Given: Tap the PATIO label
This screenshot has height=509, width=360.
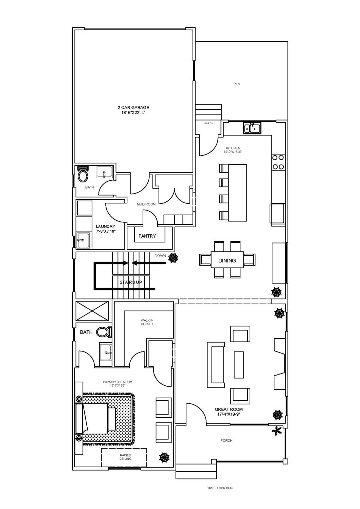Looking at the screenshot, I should click(x=236, y=84).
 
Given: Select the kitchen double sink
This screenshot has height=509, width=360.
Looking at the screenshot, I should click(x=252, y=128).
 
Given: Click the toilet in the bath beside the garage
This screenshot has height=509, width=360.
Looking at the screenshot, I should click(x=83, y=174).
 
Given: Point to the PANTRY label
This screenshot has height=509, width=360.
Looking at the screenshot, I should click(x=147, y=236).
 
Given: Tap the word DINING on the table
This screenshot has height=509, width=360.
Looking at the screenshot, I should click(x=227, y=261).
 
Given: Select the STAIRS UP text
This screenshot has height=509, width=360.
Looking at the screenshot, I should click(x=131, y=282).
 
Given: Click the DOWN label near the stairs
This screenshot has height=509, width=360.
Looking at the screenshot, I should click(x=160, y=256).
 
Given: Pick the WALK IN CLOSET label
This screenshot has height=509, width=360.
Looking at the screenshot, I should click(x=147, y=322).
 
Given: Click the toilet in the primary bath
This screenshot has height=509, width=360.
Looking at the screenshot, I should click(x=104, y=332).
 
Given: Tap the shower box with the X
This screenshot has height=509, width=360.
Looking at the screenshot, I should click(x=92, y=310).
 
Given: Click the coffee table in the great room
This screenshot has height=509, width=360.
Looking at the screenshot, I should click(x=239, y=365).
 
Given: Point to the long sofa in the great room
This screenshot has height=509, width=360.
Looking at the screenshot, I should click(x=216, y=365).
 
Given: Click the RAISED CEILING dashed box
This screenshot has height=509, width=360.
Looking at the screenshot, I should click(x=124, y=457).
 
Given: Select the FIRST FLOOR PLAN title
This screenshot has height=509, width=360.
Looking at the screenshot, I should click(x=220, y=488).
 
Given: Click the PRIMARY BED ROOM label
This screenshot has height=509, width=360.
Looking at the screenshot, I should click(x=118, y=384).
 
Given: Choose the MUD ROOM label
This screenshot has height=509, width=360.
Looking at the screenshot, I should click(x=146, y=204).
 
